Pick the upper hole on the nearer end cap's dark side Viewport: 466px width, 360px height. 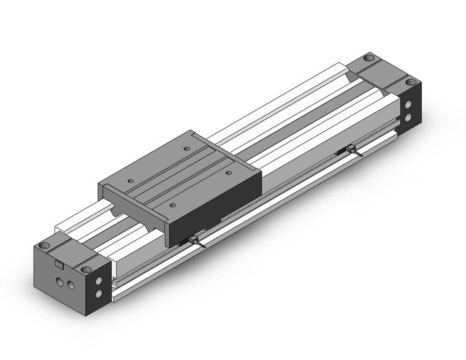point(97,285)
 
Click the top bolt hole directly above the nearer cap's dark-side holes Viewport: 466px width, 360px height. point(85,269)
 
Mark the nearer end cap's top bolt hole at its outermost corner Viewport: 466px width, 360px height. point(44,246)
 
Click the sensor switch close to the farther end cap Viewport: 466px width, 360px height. point(351,149)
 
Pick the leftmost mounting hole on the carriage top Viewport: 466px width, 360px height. point(131,182)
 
